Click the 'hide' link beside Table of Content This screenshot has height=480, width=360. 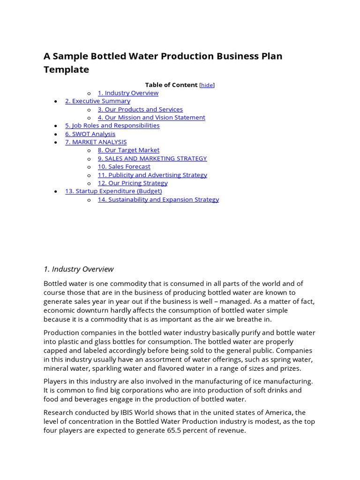point(207,85)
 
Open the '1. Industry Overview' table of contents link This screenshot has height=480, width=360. point(128,93)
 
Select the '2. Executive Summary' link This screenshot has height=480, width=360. point(97,101)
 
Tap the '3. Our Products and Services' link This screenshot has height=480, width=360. point(140,109)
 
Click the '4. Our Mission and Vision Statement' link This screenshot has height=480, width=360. point(151,117)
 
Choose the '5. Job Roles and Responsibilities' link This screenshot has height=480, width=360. point(112,126)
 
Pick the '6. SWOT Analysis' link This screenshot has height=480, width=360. point(90,134)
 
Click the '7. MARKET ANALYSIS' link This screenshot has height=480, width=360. point(96,142)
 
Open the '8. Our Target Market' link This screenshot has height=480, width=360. point(128,150)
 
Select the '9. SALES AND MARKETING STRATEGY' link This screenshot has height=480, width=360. point(152,158)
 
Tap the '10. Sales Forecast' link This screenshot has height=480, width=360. point(124,166)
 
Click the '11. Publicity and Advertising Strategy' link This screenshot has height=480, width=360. point(152,175)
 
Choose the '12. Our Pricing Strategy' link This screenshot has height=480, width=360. point(133,183)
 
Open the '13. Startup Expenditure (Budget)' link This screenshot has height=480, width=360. point(113,191)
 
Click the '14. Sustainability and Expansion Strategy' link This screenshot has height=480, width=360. point(158,199)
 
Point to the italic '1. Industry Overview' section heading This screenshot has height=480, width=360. point(78,269)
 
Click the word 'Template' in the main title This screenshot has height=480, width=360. point(66,69)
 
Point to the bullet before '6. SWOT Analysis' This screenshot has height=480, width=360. point(56,134)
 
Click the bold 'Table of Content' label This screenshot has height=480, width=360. point(171,85)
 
